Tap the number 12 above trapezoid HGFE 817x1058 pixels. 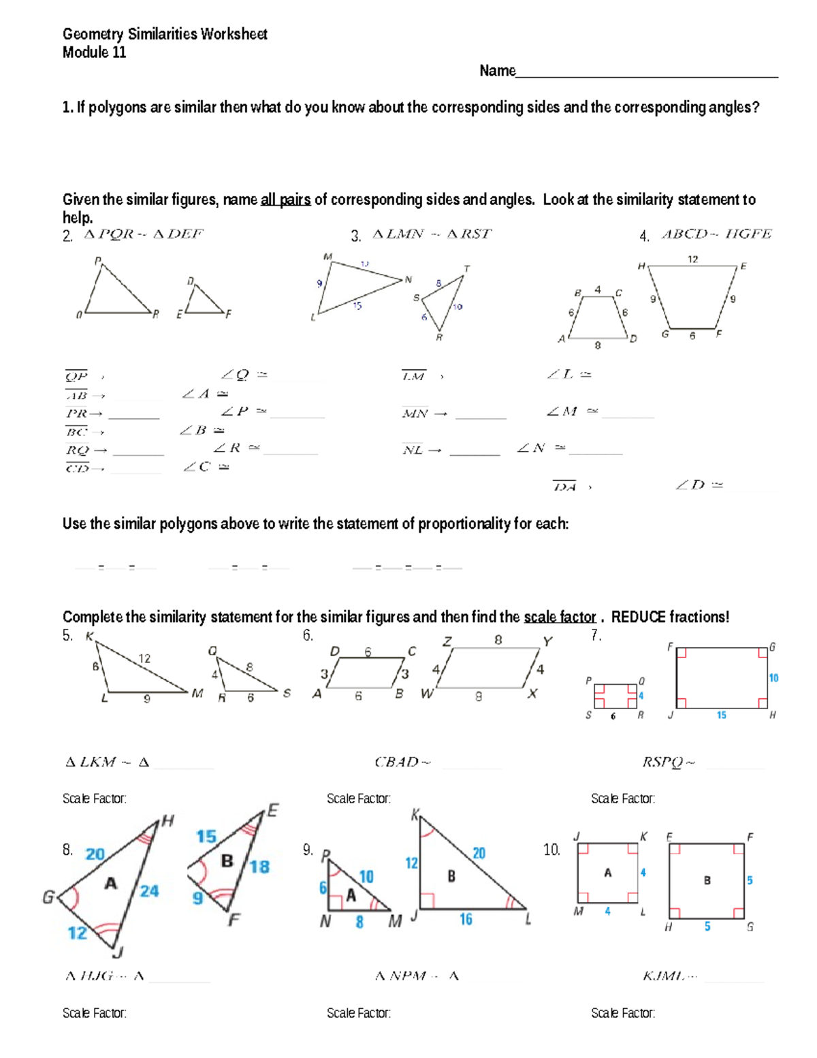coord(692,259)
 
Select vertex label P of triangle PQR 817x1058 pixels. coord(98,261)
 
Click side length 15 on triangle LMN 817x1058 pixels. coord(357,306)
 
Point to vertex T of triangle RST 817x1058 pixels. coord(466,268)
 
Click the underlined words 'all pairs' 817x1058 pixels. coord(285,200)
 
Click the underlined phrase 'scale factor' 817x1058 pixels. coord(560,617)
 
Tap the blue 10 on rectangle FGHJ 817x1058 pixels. coord(773,678)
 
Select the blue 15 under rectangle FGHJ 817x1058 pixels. coord(721,715)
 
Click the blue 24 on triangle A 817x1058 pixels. coord(149,891)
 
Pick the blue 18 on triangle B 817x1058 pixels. coord(259,867)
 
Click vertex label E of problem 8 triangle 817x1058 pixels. coord(273,810)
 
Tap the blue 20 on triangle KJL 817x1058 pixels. coord(479,854)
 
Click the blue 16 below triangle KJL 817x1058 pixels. coord(466,920)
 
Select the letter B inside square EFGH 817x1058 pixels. coord(707,880)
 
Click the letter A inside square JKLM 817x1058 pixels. coord(608,873)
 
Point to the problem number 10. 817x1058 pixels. coord(551,850)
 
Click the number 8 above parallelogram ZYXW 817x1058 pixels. coord(498,640)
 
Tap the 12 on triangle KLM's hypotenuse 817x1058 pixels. coord(144,658)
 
